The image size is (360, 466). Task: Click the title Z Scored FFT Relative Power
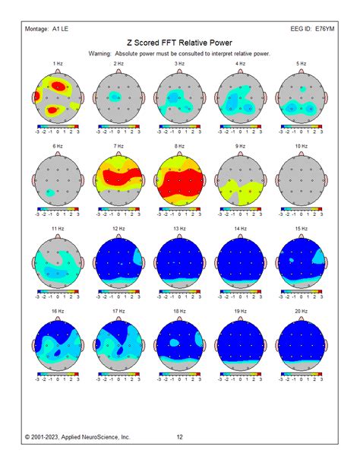click(179, 44)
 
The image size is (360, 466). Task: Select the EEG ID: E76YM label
click(312, 28)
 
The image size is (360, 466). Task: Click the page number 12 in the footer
click(180, 437)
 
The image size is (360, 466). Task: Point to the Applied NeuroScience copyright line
click(77, 437)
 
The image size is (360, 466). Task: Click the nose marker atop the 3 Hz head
click(179, 71)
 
